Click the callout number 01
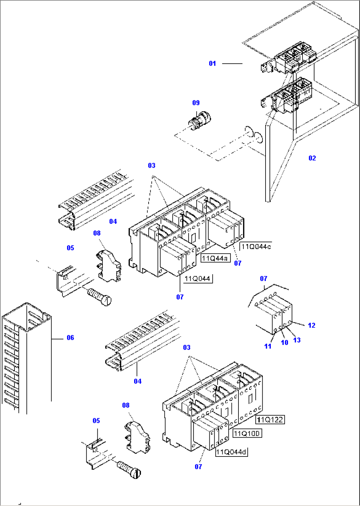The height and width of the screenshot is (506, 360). pos(212,63)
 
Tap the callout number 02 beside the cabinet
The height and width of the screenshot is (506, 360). pos(312,158)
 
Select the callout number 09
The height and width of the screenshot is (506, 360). pos(196,103)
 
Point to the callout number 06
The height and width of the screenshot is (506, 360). pos(70,338)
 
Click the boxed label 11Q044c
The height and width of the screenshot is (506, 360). pos(256,247)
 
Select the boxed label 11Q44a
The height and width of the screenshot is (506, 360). pos(215,258)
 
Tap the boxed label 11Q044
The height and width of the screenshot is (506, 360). pos(198,279)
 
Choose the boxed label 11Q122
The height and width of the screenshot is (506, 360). pos(270,420)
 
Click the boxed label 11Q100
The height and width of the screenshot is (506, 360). pos(247,433)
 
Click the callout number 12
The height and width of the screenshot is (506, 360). pos(311,325)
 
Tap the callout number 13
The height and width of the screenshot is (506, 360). pos(297,340)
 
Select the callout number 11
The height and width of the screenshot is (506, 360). pos(268,346)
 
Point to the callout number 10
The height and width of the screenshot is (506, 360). pos(284,343)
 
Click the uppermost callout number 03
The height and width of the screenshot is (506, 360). pos(152,165)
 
